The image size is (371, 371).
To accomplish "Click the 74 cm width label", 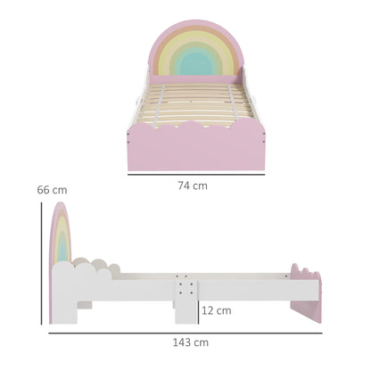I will point(192,185).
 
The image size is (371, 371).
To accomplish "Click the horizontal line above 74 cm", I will point(195,173).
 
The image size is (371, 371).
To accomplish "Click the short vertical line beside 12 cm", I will point(197,309).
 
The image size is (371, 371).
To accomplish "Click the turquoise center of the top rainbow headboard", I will point(196,62).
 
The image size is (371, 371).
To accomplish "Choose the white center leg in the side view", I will point(185,308).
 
